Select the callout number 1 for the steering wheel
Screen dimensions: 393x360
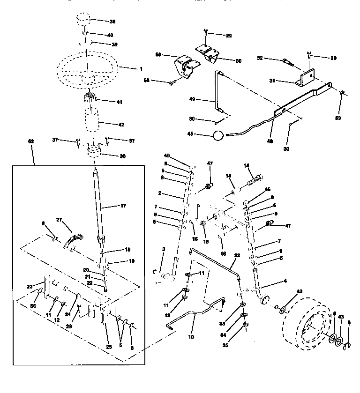coord(140,69)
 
